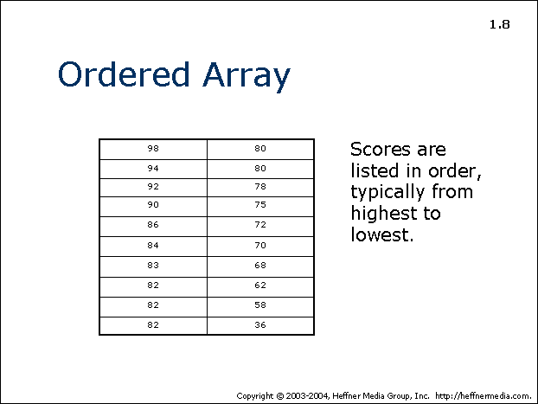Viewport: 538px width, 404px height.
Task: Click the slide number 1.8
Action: (x=500, y=24)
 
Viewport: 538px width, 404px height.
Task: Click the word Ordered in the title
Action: (x=124, y=74)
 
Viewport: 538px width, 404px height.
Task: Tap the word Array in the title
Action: (x=247, y=77)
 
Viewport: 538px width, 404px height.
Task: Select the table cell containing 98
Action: (x=153, y=150)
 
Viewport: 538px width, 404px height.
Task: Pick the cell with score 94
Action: (x=153, y=169)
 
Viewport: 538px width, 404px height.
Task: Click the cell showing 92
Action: (x=153, y=188)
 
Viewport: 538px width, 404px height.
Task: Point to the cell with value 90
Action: (x=153, y=206)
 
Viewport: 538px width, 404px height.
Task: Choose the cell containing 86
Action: (x=153, y=226)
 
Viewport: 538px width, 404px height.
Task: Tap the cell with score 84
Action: (x=153, y=246)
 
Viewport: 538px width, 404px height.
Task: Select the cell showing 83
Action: (x=153, y=266)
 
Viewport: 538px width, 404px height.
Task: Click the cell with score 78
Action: (x=260, y=188)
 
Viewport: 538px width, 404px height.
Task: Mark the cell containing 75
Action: (x=260, y=206)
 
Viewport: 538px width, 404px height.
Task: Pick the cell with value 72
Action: (x=260, y=226)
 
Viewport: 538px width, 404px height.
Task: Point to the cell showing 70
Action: (x=260, y=246)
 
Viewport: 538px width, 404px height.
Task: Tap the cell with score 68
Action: (x=260, y=266)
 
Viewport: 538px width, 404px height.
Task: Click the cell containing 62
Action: (x=260, y=286)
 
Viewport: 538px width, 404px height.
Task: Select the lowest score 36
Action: (x=260, y=325)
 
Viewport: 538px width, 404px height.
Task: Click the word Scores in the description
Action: (x=381, y=150)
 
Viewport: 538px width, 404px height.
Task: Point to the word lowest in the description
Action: (x=382, y=234)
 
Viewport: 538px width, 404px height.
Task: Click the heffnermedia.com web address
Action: (x=484, y=395)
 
